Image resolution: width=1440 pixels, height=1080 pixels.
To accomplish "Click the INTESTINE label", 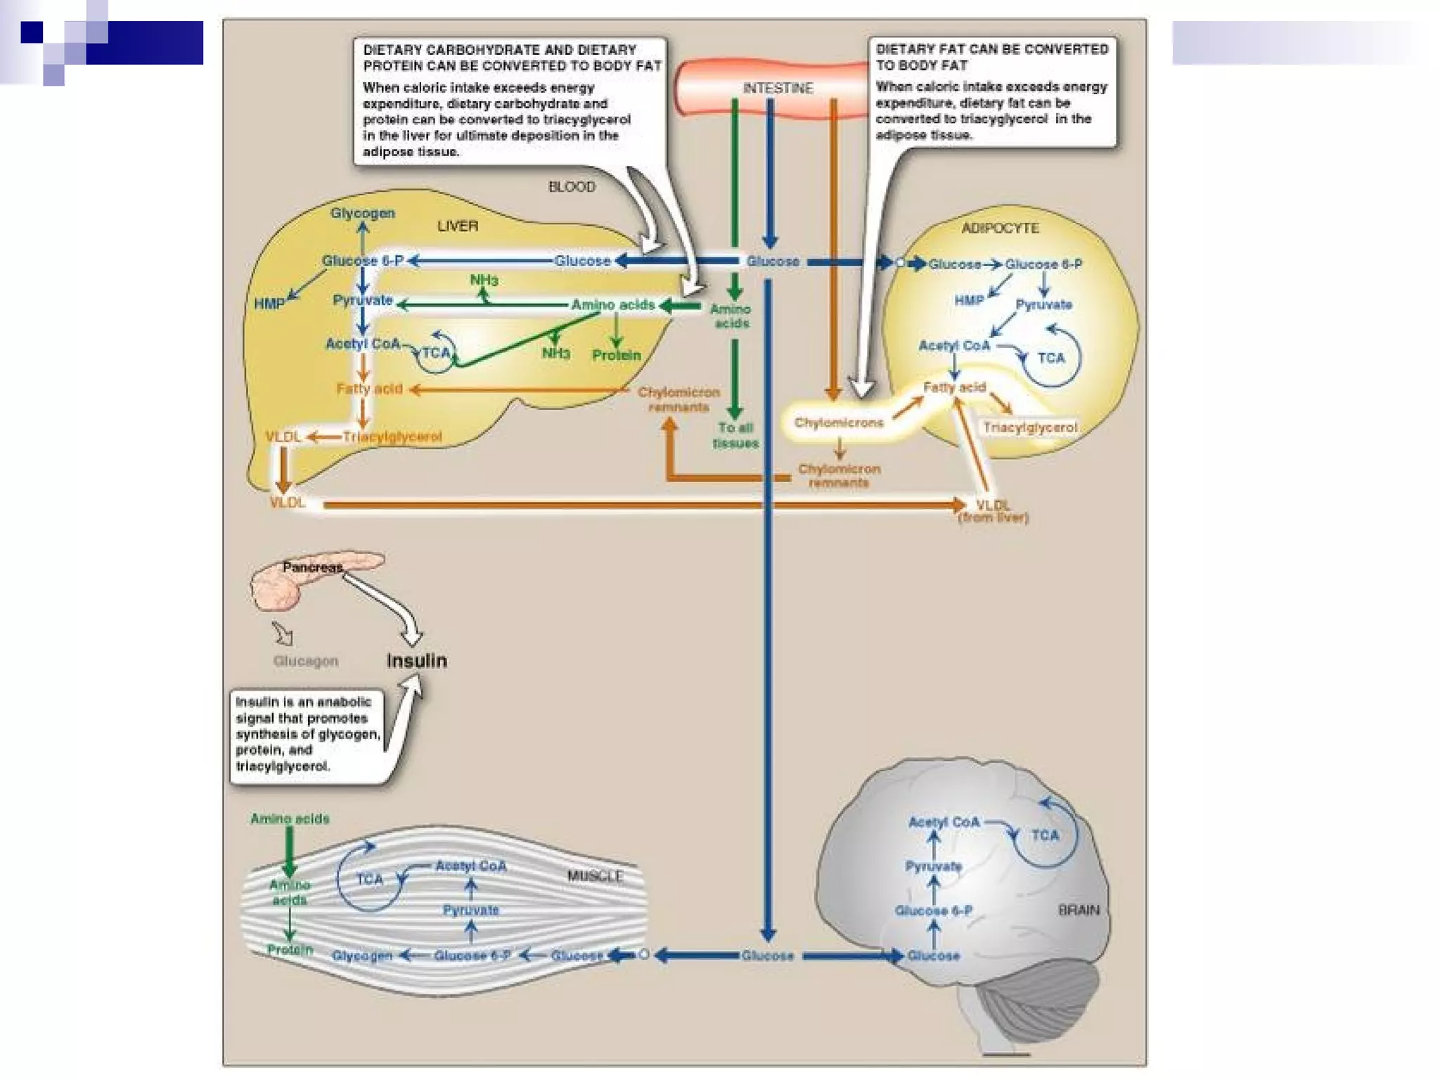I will pyautogui.click(x=778, y=88).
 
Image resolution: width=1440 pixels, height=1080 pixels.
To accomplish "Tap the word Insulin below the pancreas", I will pyautogui.click(x=417, y=661).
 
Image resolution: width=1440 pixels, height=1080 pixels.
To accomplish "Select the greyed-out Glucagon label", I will pyautogui.click(x=305, y=661).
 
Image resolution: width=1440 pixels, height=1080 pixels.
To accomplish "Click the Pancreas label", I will pyautogui.click(x=312, y=567).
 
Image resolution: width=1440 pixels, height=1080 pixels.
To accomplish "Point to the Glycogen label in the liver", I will pyautogui.click(x=363, y=213).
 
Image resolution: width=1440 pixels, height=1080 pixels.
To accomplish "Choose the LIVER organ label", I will pyautogui.click(x=458, y=226).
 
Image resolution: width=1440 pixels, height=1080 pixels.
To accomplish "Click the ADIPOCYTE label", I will pyautogui.click(x=1000, y=228).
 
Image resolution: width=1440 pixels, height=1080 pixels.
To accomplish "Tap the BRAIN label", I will pyautogui.click(x=1079, y=910).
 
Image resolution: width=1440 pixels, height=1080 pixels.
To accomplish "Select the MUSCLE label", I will pyautogui.click(x=595, y=876).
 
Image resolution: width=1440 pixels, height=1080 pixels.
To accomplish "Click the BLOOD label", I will pyautogui.click(x=572, y=186).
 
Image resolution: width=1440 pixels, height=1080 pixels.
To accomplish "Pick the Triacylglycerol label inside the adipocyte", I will pyautogui.click(x=1030, y=427).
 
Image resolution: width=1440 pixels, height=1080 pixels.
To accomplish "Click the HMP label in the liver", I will pyautogui.click(x=269, y=304).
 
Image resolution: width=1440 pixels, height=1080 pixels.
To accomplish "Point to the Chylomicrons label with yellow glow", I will pyautogui.click(x=839, y=423).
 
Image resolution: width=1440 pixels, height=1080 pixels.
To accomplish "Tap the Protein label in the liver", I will pyautogui.click(x=617, y=355).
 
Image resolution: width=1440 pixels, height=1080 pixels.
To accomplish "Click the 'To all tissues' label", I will pyautogui.click(x=735, y=435).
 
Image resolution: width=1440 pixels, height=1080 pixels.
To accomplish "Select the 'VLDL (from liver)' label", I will pyautogui.click(x=993, y=511).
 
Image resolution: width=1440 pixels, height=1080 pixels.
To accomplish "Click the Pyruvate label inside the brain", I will pyautogui.click(x=933, y=866).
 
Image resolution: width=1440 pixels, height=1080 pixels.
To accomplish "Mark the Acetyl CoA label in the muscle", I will pyautogui.click(x=471, y=866).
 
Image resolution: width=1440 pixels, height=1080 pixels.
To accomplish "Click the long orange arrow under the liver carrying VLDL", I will pyautogui.click(x=633, y=504).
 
